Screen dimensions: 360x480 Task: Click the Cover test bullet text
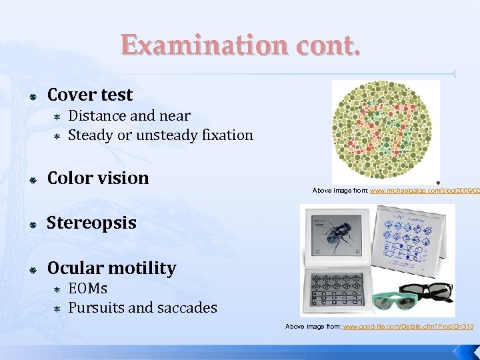coord(90,95)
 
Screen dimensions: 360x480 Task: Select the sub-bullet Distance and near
coord(129,116)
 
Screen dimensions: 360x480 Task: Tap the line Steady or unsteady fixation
coord(161,135)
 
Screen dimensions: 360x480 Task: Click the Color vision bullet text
coord(97,178)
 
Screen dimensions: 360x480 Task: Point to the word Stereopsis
coord(91,223)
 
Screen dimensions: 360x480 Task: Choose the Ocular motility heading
coord(111,268)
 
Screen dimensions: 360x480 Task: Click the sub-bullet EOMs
coord(87,289)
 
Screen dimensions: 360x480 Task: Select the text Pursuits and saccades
coord(143,307)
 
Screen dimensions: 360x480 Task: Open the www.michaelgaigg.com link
coord(425,191)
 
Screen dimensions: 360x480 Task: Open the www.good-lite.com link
coord(408,327)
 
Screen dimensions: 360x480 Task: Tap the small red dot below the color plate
coord(437,182)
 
